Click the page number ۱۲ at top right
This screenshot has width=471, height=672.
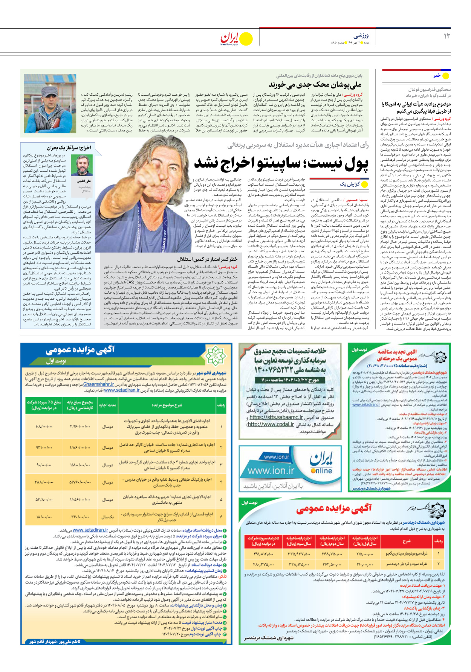(x=447, y=36)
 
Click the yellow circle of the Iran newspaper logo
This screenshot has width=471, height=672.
(x=246, y=39)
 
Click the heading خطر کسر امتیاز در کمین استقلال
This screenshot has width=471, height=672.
(x=207, y=259)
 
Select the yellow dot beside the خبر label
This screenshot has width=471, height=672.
(x=445, y=76)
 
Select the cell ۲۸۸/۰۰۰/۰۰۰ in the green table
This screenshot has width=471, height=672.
(x=44, y=482)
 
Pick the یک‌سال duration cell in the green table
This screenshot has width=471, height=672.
(x=107, y=517)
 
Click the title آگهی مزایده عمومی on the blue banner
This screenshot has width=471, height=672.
(x=80, y=350)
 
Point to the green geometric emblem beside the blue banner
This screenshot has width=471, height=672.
(x=215, y=356)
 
